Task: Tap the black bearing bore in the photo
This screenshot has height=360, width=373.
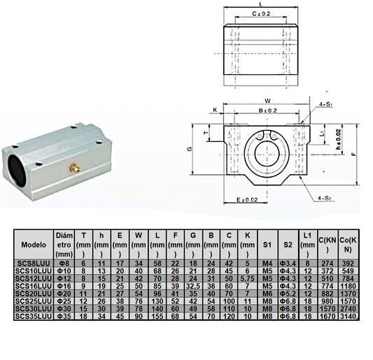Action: tap(17, 168)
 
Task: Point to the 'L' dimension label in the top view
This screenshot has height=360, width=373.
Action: tap(260, 3)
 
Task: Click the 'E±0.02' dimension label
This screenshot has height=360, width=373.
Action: tap(248, 199)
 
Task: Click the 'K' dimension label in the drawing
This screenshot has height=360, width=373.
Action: tap(214, 110)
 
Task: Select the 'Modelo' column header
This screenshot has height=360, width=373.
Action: tap(34, 246)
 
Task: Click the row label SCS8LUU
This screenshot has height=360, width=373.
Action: tap(34, 264)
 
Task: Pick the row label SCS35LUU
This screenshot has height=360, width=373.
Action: tap(34, 317)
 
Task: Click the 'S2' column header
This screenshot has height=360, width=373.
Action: tap(288, 246)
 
